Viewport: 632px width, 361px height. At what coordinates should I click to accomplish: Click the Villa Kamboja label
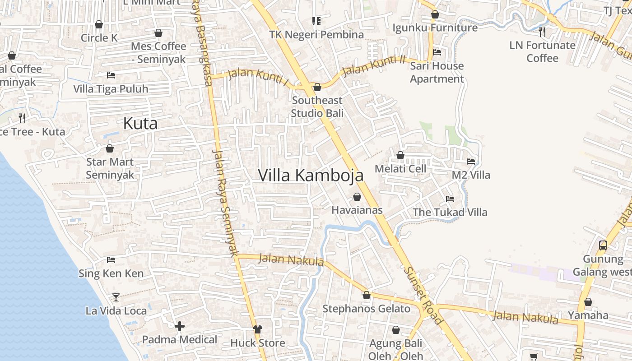tap(311, 176)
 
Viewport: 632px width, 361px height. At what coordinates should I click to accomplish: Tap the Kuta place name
tap(140, 123)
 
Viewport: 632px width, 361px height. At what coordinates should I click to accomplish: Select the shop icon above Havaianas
tap(357, 197)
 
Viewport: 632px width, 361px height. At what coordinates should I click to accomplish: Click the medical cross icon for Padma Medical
tap(180, 326)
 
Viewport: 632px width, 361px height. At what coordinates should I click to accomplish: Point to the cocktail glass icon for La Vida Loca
tap(116, 297)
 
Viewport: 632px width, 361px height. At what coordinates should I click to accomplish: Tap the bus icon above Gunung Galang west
tap(603, 245)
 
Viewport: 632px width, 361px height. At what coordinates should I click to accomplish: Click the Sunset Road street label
tap(423, 296)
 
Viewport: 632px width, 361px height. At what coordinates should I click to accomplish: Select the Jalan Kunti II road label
tap(373, 65)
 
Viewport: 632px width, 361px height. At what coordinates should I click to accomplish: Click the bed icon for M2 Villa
tap(471, 161)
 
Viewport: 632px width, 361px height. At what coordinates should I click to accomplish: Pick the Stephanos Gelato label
tap(366, 309)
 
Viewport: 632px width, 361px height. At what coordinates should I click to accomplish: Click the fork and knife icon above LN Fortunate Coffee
tap(542, 32)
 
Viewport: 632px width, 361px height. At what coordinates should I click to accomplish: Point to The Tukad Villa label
tap(450, 212)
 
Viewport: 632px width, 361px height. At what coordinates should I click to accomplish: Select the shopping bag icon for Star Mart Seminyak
tap(109, 148)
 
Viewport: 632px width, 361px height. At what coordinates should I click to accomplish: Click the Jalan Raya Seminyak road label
tap(224, 203)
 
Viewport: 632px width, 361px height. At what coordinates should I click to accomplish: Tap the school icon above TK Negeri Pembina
tap(316, 21)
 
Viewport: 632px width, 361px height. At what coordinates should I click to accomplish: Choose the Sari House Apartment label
tap(437, 72)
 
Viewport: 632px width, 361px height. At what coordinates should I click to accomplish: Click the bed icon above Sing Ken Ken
tap(111, 259)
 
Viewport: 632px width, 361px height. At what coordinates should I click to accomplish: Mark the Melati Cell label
tap(400, 169)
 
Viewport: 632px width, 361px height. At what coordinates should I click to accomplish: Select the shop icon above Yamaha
tap(588, 302)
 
